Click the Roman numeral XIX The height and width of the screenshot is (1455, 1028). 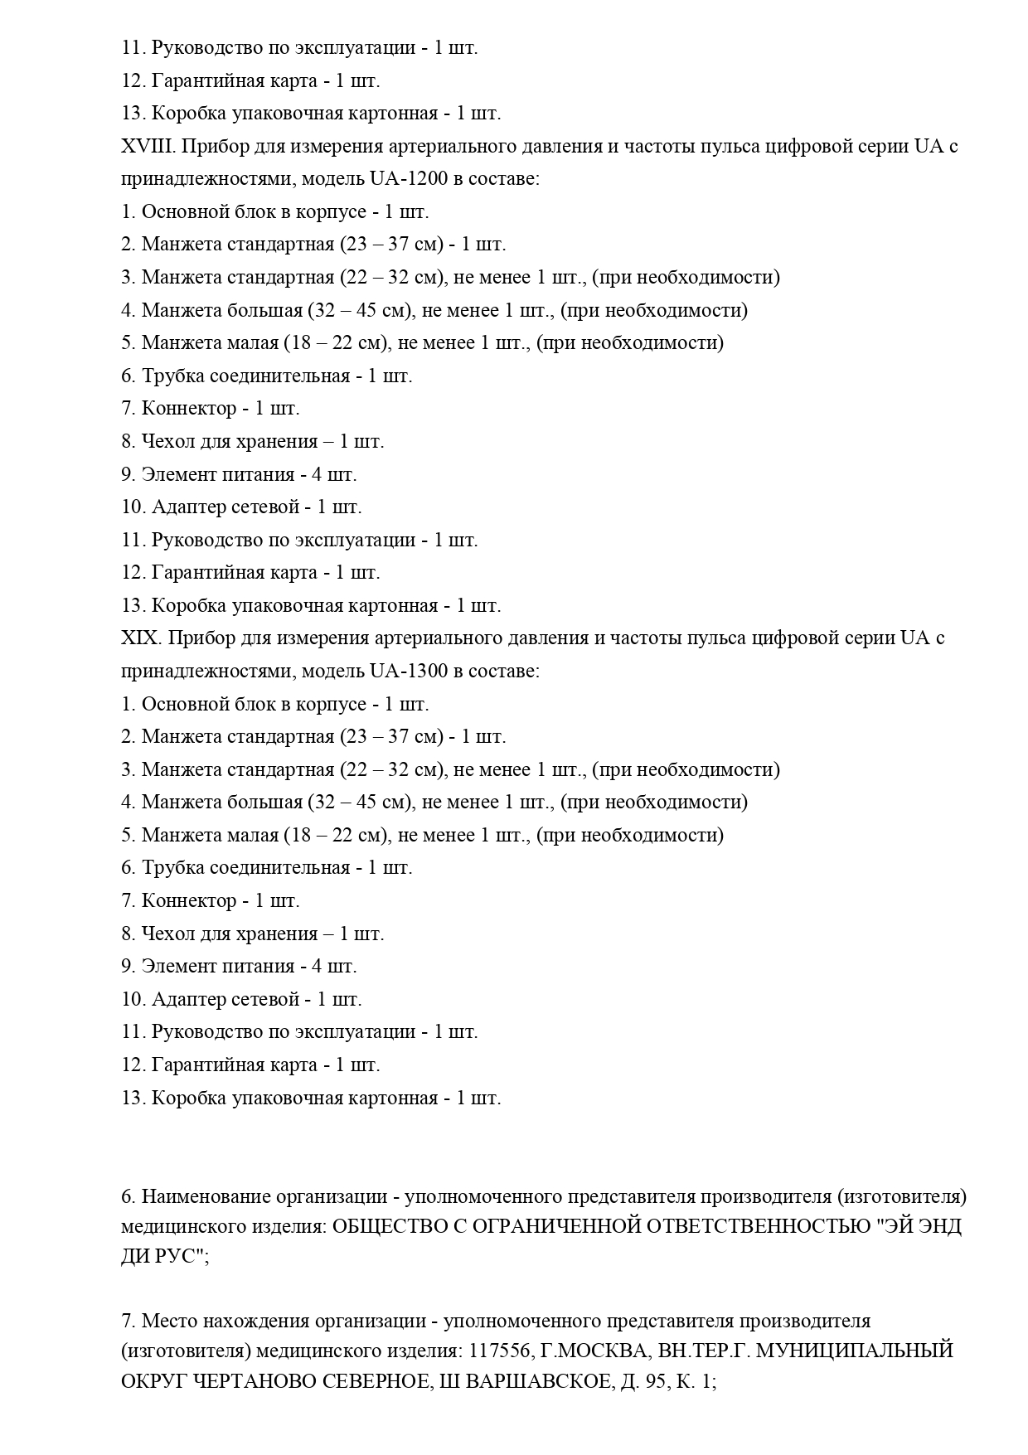click(138, 638)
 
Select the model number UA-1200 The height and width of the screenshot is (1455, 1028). click(404, 178)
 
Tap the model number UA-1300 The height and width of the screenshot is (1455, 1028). click(404, 671)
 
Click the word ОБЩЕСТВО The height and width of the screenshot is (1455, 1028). click(390, 1226)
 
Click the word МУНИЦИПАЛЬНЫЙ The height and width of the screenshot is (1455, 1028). click(856, 1351)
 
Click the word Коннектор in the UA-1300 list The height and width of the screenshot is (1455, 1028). click(189, 900)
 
